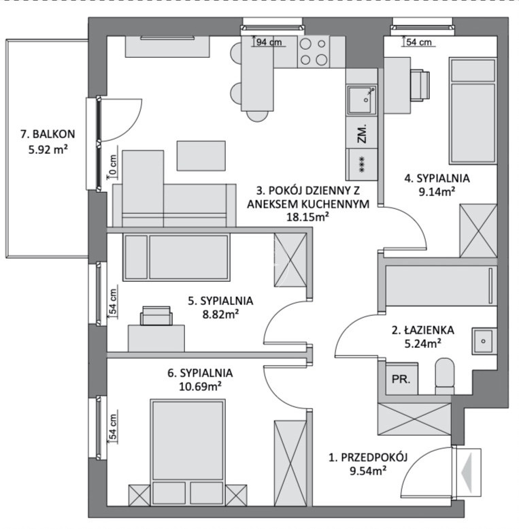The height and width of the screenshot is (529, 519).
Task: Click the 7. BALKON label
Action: [48, 134]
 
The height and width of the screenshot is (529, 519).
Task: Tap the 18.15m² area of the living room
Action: [307, 217]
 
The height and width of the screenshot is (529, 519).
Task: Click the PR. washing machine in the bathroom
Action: [401, 379]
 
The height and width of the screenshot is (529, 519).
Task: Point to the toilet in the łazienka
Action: [445, 376]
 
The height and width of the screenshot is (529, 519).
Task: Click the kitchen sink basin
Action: [362, 100]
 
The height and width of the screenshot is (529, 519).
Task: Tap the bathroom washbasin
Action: [484, 341]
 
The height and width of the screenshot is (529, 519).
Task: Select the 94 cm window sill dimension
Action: [269, 42]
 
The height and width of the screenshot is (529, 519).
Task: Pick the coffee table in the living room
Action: [201, 156]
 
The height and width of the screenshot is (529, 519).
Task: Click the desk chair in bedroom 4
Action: [420, 85]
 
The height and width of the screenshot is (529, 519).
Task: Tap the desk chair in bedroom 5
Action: [156, 316]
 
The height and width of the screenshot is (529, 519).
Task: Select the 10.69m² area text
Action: [200, 386]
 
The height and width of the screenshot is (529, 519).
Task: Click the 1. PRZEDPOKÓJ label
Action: [368, 458]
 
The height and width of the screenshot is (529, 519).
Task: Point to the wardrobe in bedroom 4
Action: [478, 231]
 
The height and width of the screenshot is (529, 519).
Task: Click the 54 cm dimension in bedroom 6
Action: [113, 427]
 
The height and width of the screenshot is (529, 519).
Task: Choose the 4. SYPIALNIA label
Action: [437, 178]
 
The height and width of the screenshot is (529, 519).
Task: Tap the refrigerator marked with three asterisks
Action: [362, 165]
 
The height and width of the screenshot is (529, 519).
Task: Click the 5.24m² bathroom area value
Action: [422, 344]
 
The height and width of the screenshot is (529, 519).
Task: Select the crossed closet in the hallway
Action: [414, 419]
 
